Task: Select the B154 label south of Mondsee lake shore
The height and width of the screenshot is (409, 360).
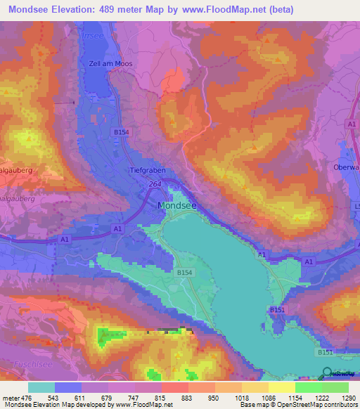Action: pyautogui.click(x=184, y=271)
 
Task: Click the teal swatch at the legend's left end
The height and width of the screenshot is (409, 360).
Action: pyautogui.click(x=41, y=387)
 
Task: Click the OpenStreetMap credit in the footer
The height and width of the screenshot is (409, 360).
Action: pyautogui.click(x=324, y=405)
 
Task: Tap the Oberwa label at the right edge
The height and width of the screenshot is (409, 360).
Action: pyautogui.click(x=346, y=168)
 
